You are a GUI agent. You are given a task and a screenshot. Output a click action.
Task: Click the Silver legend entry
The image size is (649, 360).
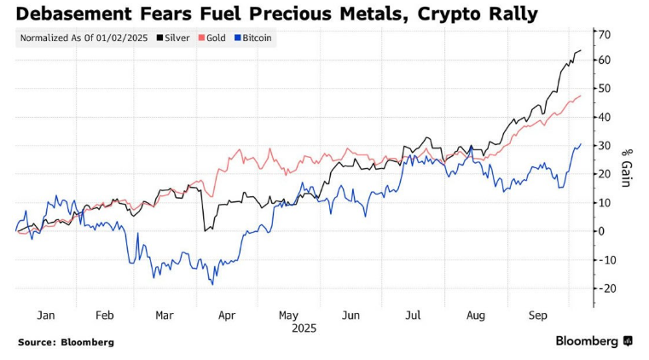[177, 38]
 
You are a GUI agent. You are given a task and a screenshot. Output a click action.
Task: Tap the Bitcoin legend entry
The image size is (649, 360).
[257, 38]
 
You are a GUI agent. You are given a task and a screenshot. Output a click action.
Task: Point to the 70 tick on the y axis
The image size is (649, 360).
[605, 35]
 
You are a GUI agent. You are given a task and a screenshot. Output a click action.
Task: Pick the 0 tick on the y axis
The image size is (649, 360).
[601, 231]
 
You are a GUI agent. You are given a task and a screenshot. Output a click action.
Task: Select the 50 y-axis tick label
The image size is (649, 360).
[605, 89]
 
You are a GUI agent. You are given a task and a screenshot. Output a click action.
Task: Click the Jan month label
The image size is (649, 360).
[46, 315]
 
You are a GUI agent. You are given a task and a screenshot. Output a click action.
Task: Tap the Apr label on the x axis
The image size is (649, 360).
[227, 315]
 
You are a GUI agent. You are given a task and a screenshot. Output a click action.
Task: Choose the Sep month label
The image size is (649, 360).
[539, 315]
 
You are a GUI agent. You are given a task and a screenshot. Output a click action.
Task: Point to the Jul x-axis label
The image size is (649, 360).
[413, 315]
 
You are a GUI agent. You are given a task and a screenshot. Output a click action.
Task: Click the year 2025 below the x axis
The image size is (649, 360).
[304, 328]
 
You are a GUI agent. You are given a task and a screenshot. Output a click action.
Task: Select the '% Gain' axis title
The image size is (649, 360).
[625, 166]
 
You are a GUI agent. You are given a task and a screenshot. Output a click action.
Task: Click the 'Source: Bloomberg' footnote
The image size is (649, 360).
[66, 342]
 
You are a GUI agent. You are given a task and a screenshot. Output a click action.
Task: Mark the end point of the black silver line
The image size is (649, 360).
[581, 51]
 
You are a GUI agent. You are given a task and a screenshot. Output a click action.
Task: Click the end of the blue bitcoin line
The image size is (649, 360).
[581, 144]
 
